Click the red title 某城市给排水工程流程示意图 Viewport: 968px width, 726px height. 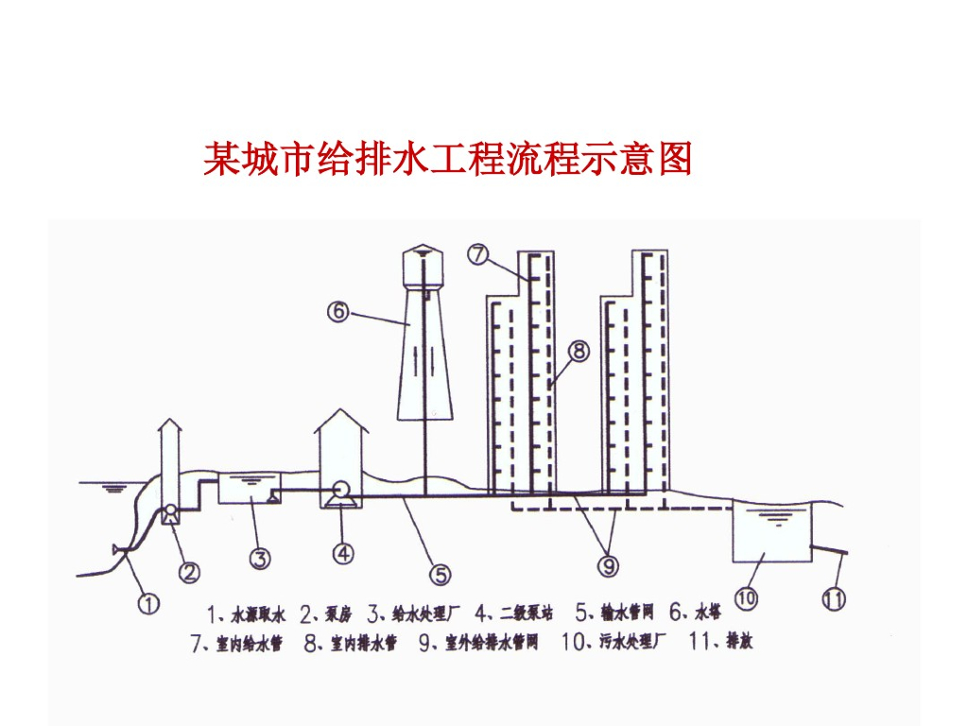448,159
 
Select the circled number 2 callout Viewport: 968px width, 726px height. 190,571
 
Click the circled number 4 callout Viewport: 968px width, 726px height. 343,553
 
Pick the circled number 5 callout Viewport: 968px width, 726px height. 441,574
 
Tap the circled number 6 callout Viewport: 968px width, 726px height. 338,310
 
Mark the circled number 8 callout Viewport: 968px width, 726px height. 579,352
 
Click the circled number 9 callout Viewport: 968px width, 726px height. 609,565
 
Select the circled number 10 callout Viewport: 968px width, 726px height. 747,597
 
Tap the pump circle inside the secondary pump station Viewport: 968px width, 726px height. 341,492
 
